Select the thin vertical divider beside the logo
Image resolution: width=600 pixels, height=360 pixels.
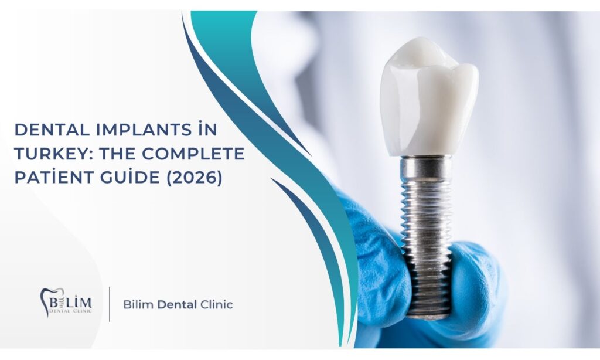tap(110, 304)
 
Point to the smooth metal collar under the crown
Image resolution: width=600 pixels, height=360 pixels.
tap(426, 167)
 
